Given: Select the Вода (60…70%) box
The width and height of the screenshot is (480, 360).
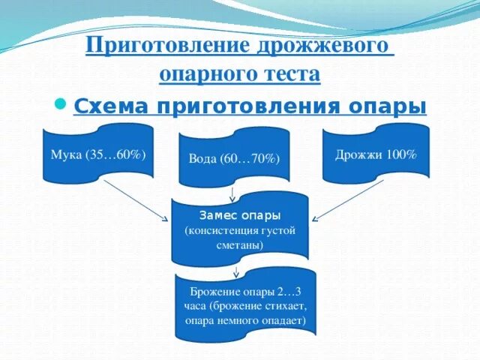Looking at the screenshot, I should click(x=233, y=159).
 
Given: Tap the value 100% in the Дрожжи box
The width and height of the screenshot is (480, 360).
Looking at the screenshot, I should click(x=401, y=154).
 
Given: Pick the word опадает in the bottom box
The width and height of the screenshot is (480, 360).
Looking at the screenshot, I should click(x=283, y=320).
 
